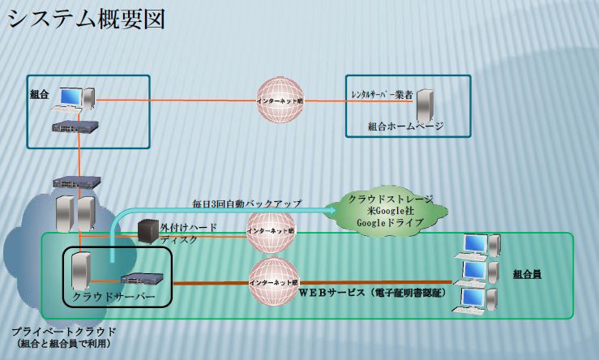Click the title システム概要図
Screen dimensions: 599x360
pos(87,19)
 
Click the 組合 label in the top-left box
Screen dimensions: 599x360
pos(40,94)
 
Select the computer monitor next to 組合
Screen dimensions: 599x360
pos(71,96)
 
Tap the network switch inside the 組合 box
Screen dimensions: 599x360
pos(75,126)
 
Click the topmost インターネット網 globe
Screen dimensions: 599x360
pos(280,100)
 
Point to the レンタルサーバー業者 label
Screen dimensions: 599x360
pos(382,94)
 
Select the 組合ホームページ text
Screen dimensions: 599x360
pos(406,126)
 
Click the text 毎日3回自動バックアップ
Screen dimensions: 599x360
pos(246,204)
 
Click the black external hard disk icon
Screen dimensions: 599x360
pos(148,231)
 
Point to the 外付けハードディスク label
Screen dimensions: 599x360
pos(188,234)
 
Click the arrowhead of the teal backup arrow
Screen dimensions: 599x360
pos(331,210)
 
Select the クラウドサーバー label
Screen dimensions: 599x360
pos(113,297)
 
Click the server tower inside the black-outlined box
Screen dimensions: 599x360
pos(81,271)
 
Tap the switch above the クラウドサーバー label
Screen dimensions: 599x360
pos(143,279)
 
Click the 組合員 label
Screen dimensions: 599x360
pos(527,274)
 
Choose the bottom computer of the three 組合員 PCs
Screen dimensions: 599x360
pos(476,301)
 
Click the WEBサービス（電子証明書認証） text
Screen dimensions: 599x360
pos(373,293)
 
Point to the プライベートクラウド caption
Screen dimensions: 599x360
pos(64,332)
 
